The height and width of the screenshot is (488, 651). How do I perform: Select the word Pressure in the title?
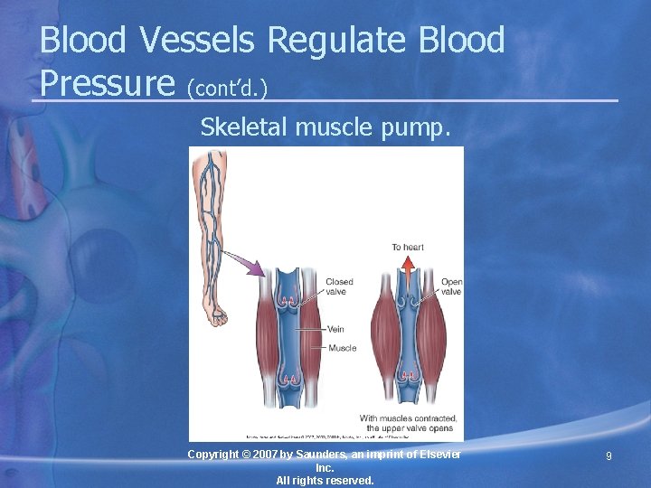click(107, 83)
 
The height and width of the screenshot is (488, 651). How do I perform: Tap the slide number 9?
click(609, 457)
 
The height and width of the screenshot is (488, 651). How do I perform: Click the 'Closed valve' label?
click(339, 286)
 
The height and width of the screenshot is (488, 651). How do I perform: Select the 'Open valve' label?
click(451, 286)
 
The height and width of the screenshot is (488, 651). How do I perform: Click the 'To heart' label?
click(408, 247)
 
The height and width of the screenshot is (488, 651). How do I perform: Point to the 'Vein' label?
click(335, 329)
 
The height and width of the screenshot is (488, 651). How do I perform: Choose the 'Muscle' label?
click(342, 348)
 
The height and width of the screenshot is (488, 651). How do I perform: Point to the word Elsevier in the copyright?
click(437, 454)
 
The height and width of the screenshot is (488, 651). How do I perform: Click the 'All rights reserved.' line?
click(325, 481)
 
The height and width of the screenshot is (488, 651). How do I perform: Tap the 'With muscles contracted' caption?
click(408, 418)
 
